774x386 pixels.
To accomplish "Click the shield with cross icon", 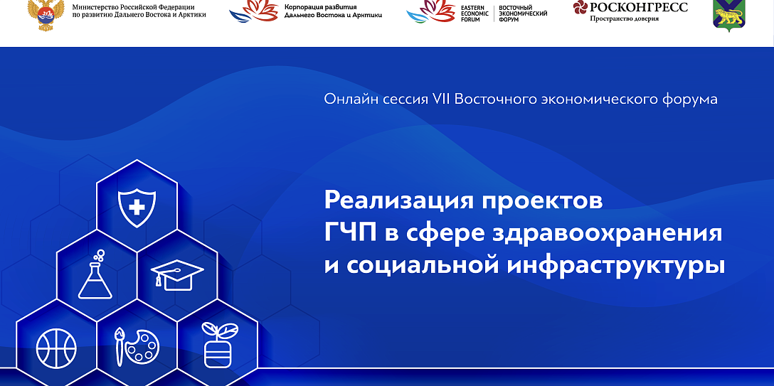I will (137, 206).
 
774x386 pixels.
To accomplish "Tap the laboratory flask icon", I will (95, 274).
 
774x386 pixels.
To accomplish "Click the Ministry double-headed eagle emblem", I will (45, 11).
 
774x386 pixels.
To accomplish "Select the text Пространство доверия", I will (624, 19).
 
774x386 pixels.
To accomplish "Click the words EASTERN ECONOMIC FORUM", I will (475, 13).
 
